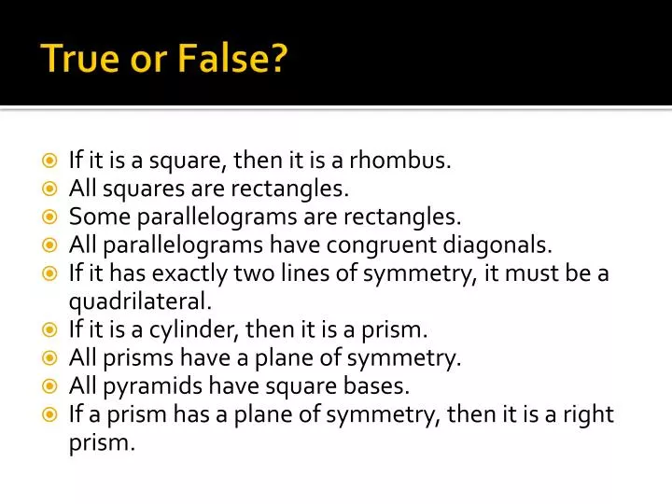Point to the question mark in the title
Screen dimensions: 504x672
[x=279, y=61]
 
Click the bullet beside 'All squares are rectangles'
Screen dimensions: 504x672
[x=51, y=189]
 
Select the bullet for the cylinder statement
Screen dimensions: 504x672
[x=51, y=329]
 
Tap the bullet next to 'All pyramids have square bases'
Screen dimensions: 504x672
[x=51, y=385]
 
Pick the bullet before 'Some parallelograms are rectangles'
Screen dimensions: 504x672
[x=51, y=217]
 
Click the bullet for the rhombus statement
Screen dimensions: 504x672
[x=51, y=161]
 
